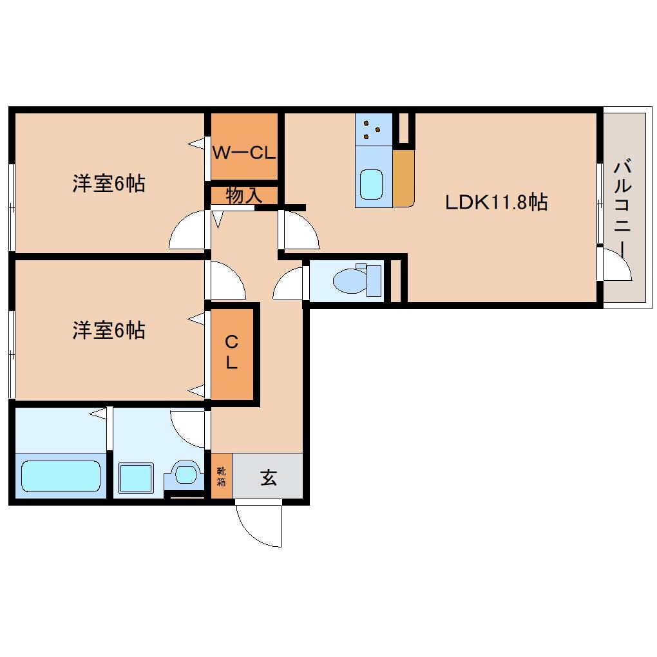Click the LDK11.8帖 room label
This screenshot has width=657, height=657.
[496, 203]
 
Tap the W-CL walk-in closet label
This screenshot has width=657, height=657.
[244, 153]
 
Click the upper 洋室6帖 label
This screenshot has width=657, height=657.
[108, 184]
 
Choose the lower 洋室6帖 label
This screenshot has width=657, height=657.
[108, 330]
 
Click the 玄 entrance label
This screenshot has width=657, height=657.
[268, 477]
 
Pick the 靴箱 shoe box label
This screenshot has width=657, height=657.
[222, 477]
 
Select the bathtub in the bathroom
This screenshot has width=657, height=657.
[61, 476]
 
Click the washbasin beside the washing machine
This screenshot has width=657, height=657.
[185, 475]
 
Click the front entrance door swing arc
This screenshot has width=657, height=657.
[258, 525]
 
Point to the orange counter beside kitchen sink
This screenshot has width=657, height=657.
[403, 179]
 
